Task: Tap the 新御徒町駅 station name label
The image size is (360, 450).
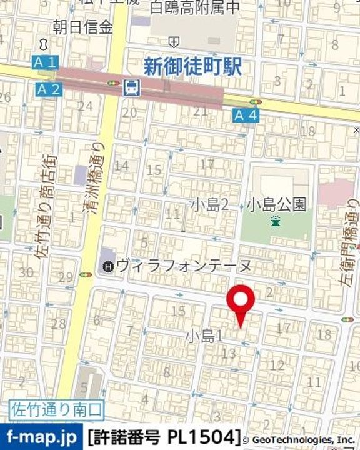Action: point(192,66)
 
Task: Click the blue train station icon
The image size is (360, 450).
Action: point(132,88)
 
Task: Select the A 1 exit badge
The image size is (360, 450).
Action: point(45,62)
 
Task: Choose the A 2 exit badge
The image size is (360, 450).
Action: point(49,89)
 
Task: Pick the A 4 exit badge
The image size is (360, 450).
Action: point(245,114)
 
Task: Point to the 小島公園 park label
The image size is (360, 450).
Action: point(277,204)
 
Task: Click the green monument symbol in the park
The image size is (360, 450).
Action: point(276,220)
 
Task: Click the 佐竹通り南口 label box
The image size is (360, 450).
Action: point(57,411)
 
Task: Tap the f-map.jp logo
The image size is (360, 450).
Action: point(41,436)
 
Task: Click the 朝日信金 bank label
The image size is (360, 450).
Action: point(82,27)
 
